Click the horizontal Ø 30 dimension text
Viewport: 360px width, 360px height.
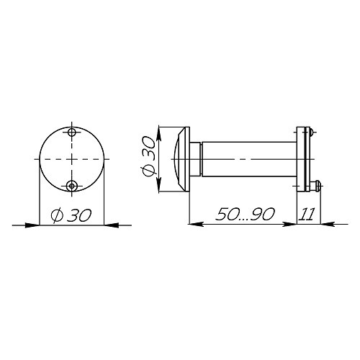[71, 215]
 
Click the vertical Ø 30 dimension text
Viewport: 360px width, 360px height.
[149, 156]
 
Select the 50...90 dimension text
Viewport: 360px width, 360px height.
[245, 214]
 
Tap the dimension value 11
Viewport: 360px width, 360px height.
[307, 214]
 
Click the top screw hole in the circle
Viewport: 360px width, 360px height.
[71, 132]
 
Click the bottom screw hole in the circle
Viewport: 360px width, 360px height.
[71, 186]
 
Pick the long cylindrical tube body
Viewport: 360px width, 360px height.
[250, 159]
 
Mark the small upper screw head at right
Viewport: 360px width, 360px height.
[311, 132]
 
